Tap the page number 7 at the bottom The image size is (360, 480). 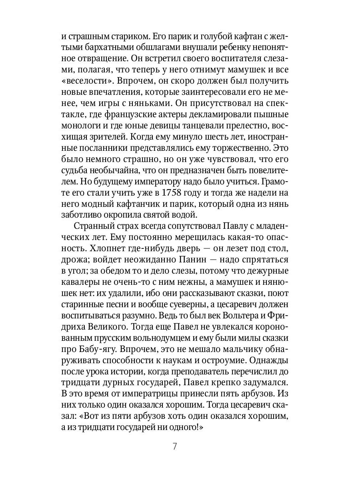click(x=175, y=447)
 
